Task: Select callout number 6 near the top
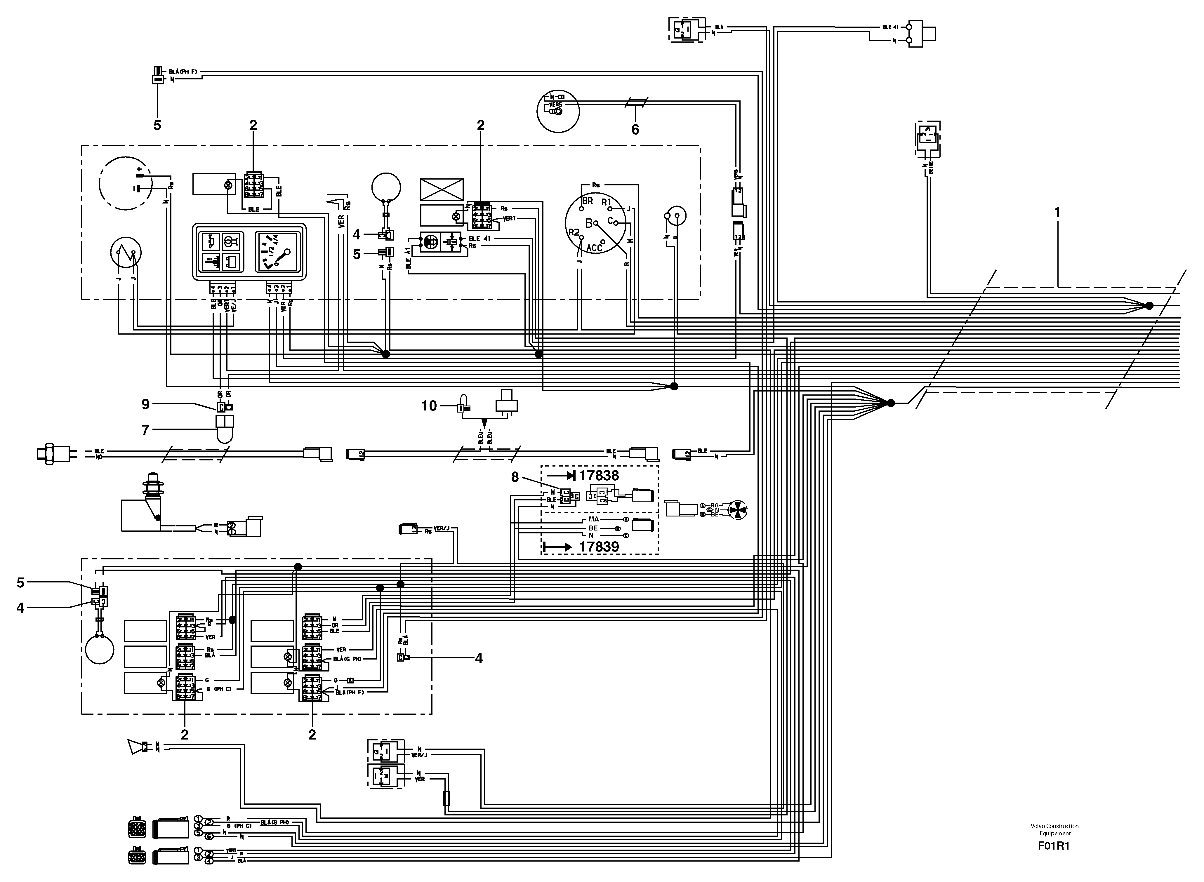(635, 130)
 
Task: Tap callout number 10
(429, 406)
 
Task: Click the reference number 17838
(599, 475)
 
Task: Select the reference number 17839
(599, 547)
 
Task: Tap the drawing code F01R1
(1053, 846)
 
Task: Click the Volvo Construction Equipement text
(1054, 829)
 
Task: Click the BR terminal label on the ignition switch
(587, 201)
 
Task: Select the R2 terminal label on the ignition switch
(574, 232)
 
